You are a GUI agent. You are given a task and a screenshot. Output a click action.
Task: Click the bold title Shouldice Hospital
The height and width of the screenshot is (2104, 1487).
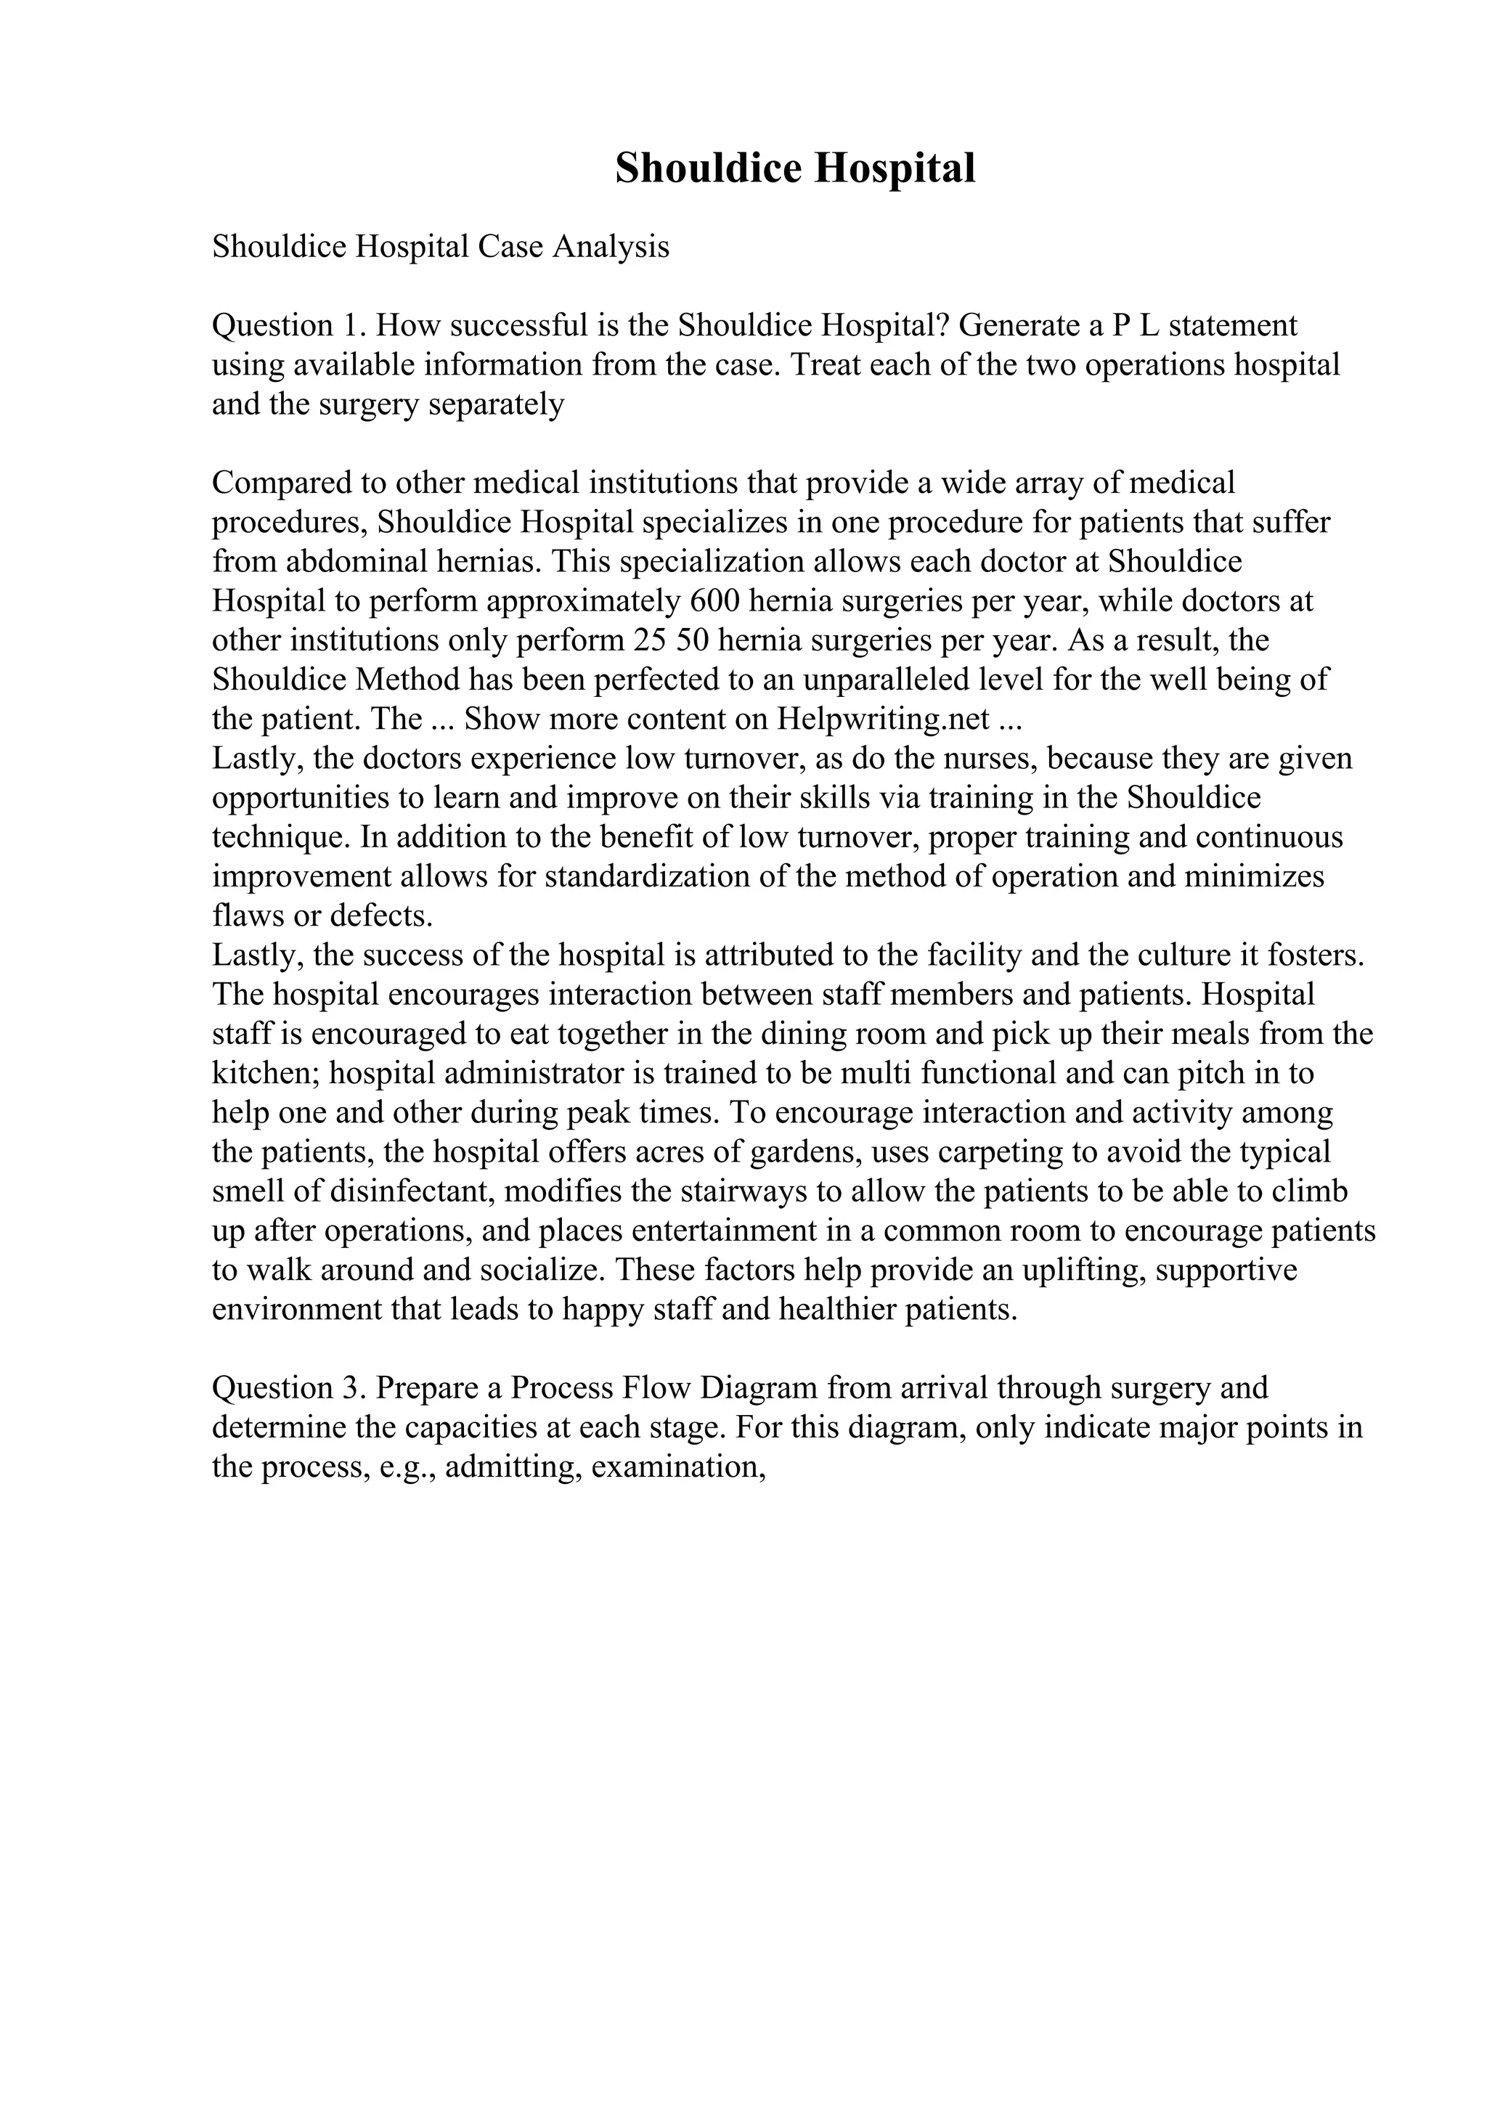click(794, 168)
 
